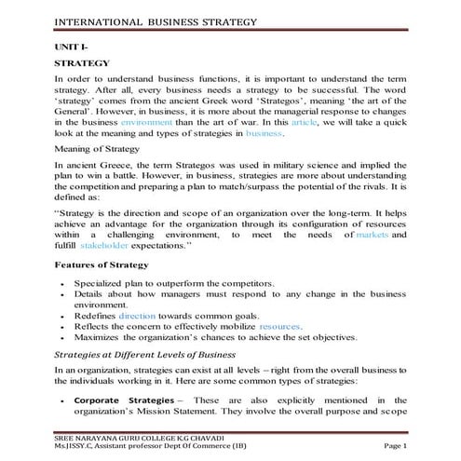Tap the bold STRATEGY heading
[83, 63]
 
